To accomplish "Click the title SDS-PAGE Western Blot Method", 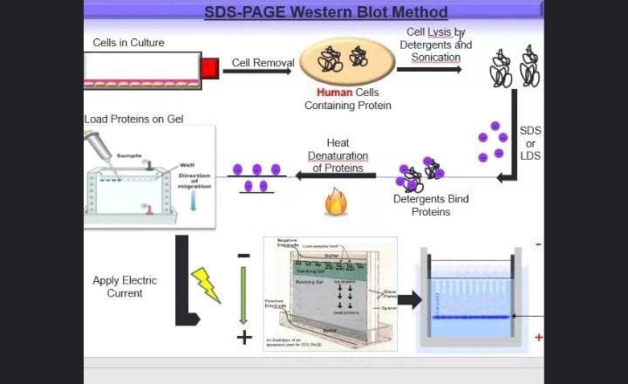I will pyautogui.click(x=325, y=12).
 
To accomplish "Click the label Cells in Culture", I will pyautogui.click(x=128, y=43).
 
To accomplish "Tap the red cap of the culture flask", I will pyautogui.click(x=209, y=68).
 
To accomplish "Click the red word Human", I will pyautogui.click(x=334, y=93).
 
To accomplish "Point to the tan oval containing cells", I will pyautogui.click(x=347, y=60).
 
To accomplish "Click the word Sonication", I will pyautogui.click(x=435, y=58).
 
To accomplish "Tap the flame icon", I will pyautogui.click(x=336, y=203).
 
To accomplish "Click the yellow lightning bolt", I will pyautogui.click(x=207, y=285).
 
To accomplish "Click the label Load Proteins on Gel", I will pyautogui.click(x=133, y=119).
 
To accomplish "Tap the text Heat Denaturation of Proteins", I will pyautogui.click(x=338, y=155).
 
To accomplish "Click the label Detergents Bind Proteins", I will pyautogui.click(x=431, y=205).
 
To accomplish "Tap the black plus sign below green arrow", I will pyautogui.click(x=244, y=337).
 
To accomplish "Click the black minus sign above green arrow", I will pyautogui.click(x=244, y=256).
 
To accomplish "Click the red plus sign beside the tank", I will pyautogui.click(x=538, y=337).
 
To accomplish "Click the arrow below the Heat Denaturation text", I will pyautogui.click(x=335, y=175).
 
